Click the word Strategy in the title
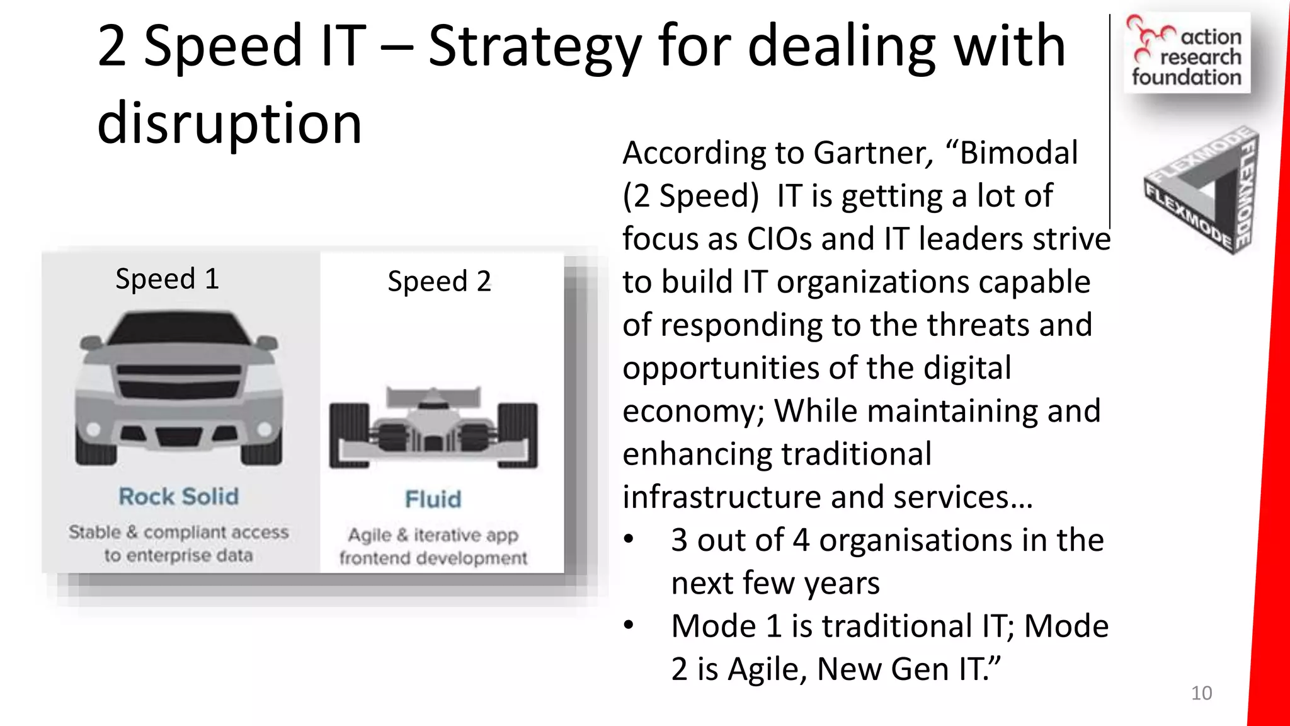534,48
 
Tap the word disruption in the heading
229,124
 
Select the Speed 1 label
168,279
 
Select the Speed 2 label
439,281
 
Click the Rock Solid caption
179,497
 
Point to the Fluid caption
433,499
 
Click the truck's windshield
179,329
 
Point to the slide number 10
1201,693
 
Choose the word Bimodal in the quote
1019,153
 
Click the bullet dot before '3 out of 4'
629,539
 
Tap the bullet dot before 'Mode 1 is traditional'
629,626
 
